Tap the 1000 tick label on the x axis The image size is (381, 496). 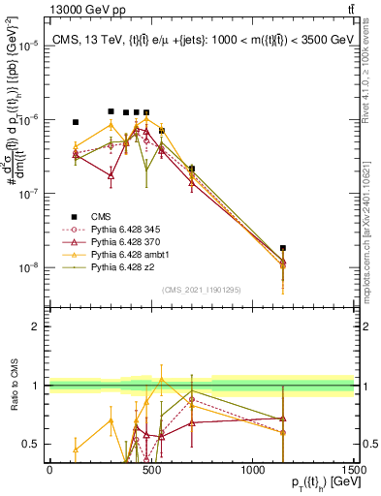tap(253, 470)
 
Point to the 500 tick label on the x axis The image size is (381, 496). tap(151, 470)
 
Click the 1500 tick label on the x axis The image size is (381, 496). tap(354, 470)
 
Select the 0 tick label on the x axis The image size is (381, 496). tap(49, 470)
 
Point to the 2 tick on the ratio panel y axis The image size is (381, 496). tap(39, 326)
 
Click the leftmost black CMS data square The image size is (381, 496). tap(76, 122)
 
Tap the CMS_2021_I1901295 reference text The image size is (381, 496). tap(201, 290)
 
